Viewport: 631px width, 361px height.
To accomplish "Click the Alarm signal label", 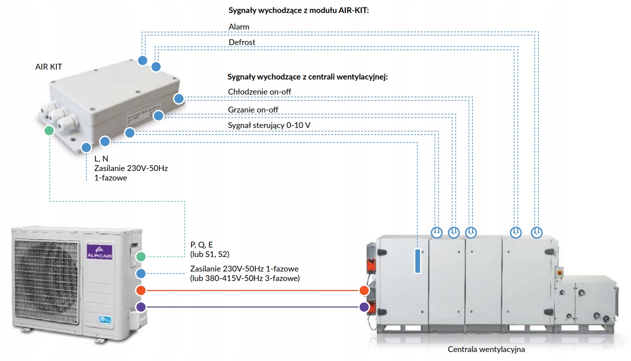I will pyautogui.click(x=239, y=26).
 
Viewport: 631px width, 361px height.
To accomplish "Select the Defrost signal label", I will pyautogui.click(x=242, y=42).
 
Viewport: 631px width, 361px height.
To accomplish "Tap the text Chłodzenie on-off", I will pyautogui.click(x=259, y=91).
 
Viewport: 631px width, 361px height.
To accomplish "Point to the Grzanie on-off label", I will pyautogui.click(x=253, y=109).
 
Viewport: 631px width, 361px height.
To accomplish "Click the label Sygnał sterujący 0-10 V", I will pyautogui.click(x=269, y=125).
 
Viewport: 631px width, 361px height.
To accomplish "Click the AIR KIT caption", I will pyautogui.click(x=48, y=66).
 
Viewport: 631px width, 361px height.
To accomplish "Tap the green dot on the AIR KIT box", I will pyautogui.click(x=48, y=130).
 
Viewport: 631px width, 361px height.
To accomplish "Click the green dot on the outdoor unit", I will pyautogui.click(x=141, y=256).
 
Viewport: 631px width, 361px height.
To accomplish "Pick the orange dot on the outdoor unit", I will pyautogui.click(x=141, y=290).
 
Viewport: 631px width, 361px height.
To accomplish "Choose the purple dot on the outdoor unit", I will pyautogui.click(x=141, y=307).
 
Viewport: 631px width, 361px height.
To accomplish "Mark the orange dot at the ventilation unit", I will pyautogui.click(x=364, y=290).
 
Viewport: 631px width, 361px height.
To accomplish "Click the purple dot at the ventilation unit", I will pyautogui.click(x=364, y=307).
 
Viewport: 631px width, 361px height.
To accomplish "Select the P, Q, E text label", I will pyautogui.click(x=201, y=244).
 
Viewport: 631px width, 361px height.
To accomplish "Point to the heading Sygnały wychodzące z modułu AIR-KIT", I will pyautogui.click(x=298, y=10).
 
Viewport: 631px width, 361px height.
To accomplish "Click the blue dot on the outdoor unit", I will pyautogui.click(x=141, y=273).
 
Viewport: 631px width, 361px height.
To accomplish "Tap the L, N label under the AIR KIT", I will pyautogui.click(x=101, y=158).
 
